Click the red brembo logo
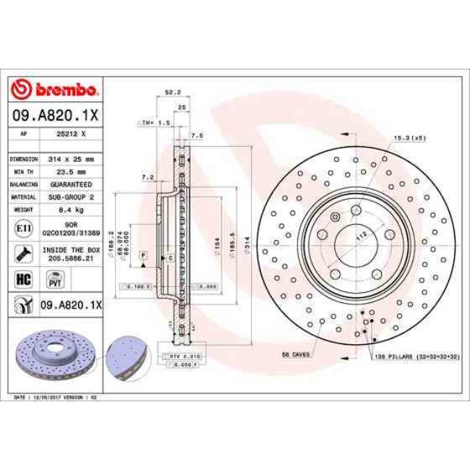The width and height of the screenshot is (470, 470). pyautogui.click(x=56, y=90)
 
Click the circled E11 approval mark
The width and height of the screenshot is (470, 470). pyautogui.click(x=22, y=228)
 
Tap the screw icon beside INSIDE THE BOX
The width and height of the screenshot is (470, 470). pyautogui.click(x=22, y=253)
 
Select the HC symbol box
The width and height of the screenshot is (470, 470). pyautogui.click(x=22, y=278)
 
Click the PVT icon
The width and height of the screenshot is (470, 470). pyautogui.click(x=54, y=279)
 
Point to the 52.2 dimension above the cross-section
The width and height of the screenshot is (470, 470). pyautogui.click(x=172, y=93)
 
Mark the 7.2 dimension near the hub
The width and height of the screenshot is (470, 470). pyautogui.click(x=148, y=176)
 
